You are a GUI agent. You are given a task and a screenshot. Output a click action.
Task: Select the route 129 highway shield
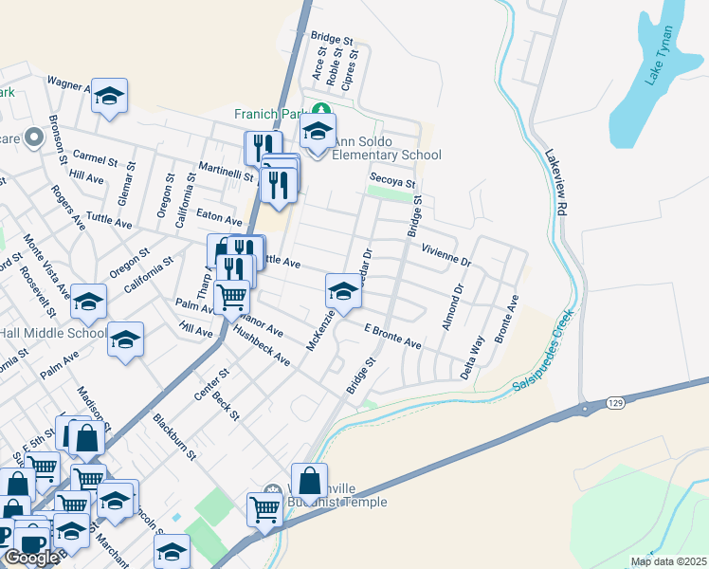tap(590, 405)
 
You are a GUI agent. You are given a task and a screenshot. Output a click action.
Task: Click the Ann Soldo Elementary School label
tap(385, 148)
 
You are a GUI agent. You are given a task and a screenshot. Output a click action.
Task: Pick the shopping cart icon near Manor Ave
tap(231, 297)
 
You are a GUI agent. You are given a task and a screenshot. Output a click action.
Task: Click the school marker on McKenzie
tap(343, 290)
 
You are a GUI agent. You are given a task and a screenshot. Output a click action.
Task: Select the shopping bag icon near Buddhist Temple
tap(309, 480)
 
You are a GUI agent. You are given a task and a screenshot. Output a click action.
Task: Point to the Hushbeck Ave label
tap(261, 347)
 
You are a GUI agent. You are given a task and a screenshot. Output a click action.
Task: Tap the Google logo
tap(30, 558)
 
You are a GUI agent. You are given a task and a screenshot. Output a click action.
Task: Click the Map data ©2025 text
tap(668, 561)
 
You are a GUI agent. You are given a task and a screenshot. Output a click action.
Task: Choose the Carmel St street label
tap(94, 156)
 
